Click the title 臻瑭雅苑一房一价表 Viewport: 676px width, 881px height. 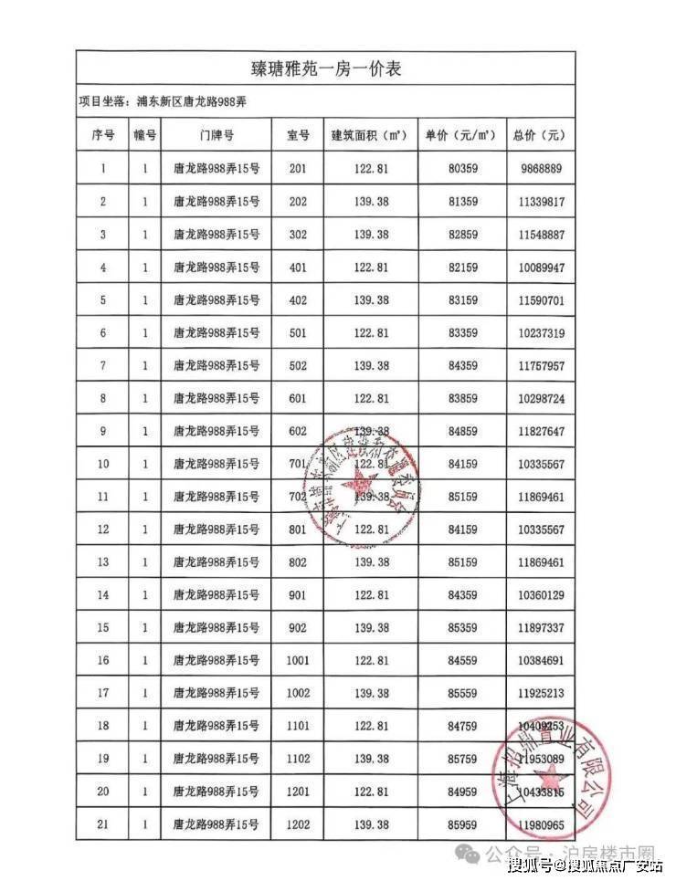[x=326, y=68]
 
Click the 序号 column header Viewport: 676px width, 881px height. [x=103, y=135]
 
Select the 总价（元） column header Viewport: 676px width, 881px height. [x=539, y=135]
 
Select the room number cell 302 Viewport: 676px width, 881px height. [x=298, y=235]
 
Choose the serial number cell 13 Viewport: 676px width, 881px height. [x=103, y=562]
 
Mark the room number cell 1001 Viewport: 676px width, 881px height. [x=298, y=661]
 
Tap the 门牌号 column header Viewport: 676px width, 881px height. [x=216, y=135]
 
